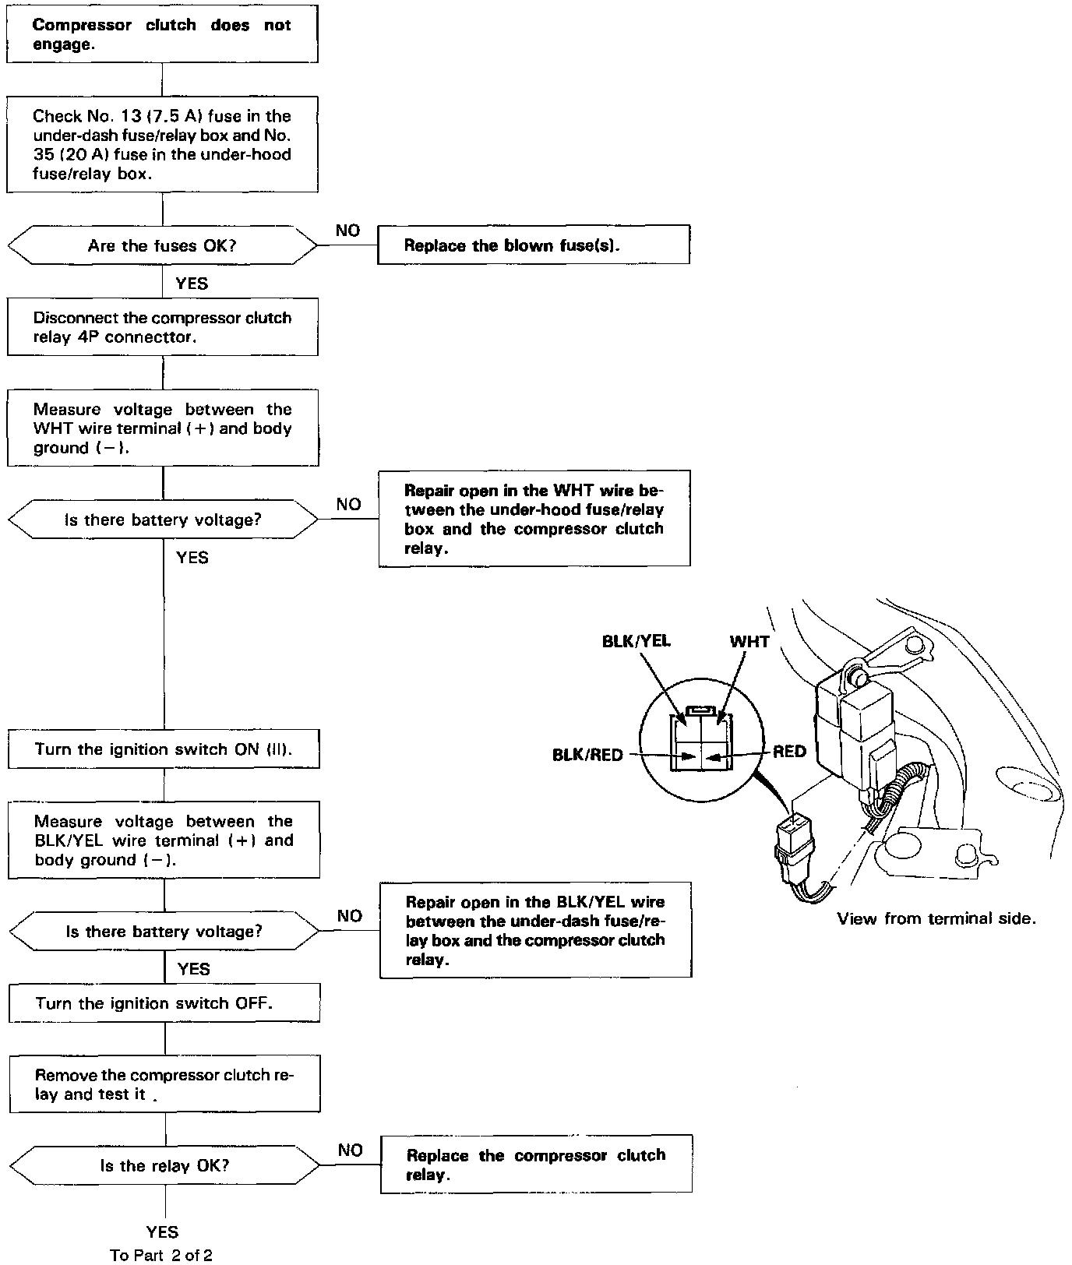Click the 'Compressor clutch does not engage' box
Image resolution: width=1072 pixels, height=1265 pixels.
pos(162,35)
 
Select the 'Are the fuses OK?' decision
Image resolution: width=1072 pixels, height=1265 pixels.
pos(162,246)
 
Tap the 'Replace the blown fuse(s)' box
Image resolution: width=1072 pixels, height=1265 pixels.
pos(534,245)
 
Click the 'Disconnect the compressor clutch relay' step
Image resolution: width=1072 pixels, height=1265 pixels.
pos(162,328)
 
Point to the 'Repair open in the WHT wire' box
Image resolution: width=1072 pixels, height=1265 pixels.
pos(534,519)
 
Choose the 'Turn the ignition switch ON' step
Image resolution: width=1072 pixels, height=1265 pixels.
pos(164,749)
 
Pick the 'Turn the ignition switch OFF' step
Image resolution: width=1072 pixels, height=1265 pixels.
pos(164,1003)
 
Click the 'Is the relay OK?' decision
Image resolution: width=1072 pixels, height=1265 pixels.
pos(164,1166)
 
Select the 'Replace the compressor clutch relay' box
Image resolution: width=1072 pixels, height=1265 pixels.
pos(536,1165)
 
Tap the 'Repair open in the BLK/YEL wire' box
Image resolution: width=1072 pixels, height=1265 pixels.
pos(535,930)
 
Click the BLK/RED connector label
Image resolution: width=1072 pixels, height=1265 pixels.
pos(587,755)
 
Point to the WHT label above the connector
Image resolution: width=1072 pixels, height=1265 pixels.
pos(749,642)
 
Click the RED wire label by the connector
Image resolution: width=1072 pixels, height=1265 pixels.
pos(789,752)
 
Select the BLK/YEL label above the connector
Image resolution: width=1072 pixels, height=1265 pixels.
pos(636,642)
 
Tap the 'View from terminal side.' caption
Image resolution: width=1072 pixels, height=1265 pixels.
pos(936,918)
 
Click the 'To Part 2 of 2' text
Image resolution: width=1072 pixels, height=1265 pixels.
pos(161,1255)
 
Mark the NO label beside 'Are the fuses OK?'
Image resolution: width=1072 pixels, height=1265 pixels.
pos(348,231)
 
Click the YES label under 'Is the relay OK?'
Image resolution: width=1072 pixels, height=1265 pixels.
pos(162,1232)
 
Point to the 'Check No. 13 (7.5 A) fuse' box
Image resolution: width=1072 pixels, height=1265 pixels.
pos(162,144)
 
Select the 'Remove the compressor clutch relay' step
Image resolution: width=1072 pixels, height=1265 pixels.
pos(165,1084)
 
